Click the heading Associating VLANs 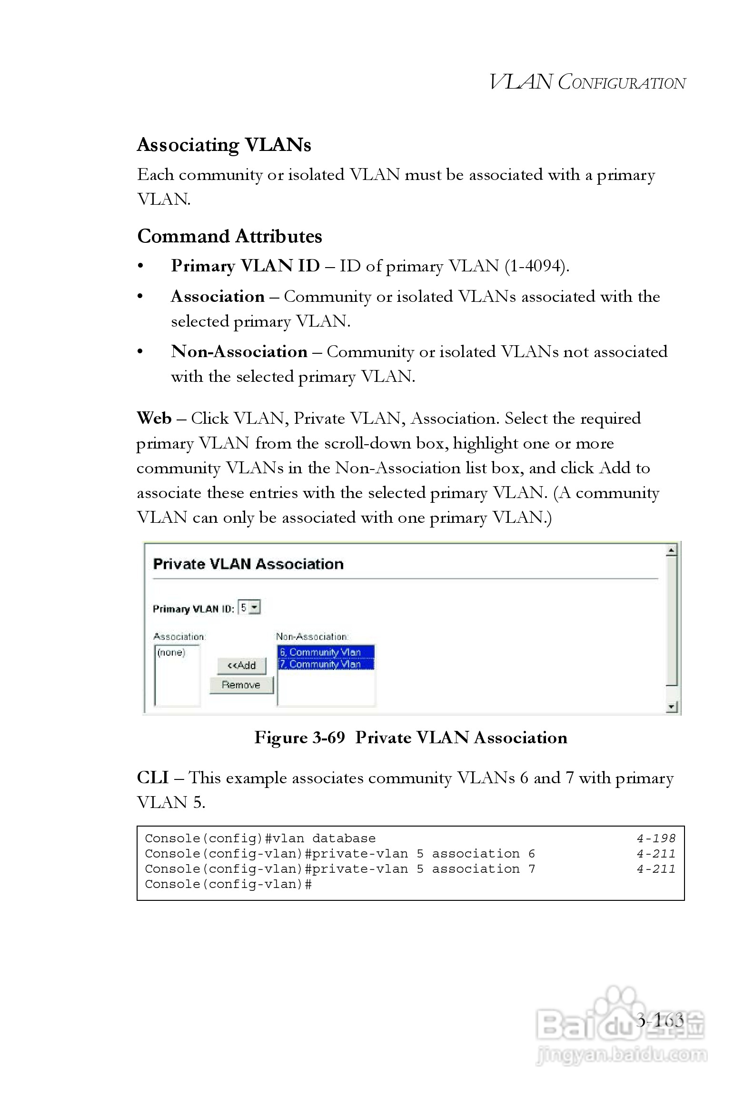[224, 145]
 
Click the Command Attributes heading [229, 236]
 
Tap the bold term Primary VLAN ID [245, 266]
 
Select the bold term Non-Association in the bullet [239, 352]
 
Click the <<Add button [241, 665]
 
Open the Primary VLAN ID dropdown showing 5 [249, 608]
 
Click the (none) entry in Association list [171, 652]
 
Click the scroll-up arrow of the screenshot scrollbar [671, 550]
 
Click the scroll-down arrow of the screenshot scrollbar [671, 707]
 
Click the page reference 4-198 [656, 838]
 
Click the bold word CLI [153, 778]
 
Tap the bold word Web [154, 419]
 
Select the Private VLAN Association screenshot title [248, 564]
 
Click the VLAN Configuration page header [587, 82]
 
